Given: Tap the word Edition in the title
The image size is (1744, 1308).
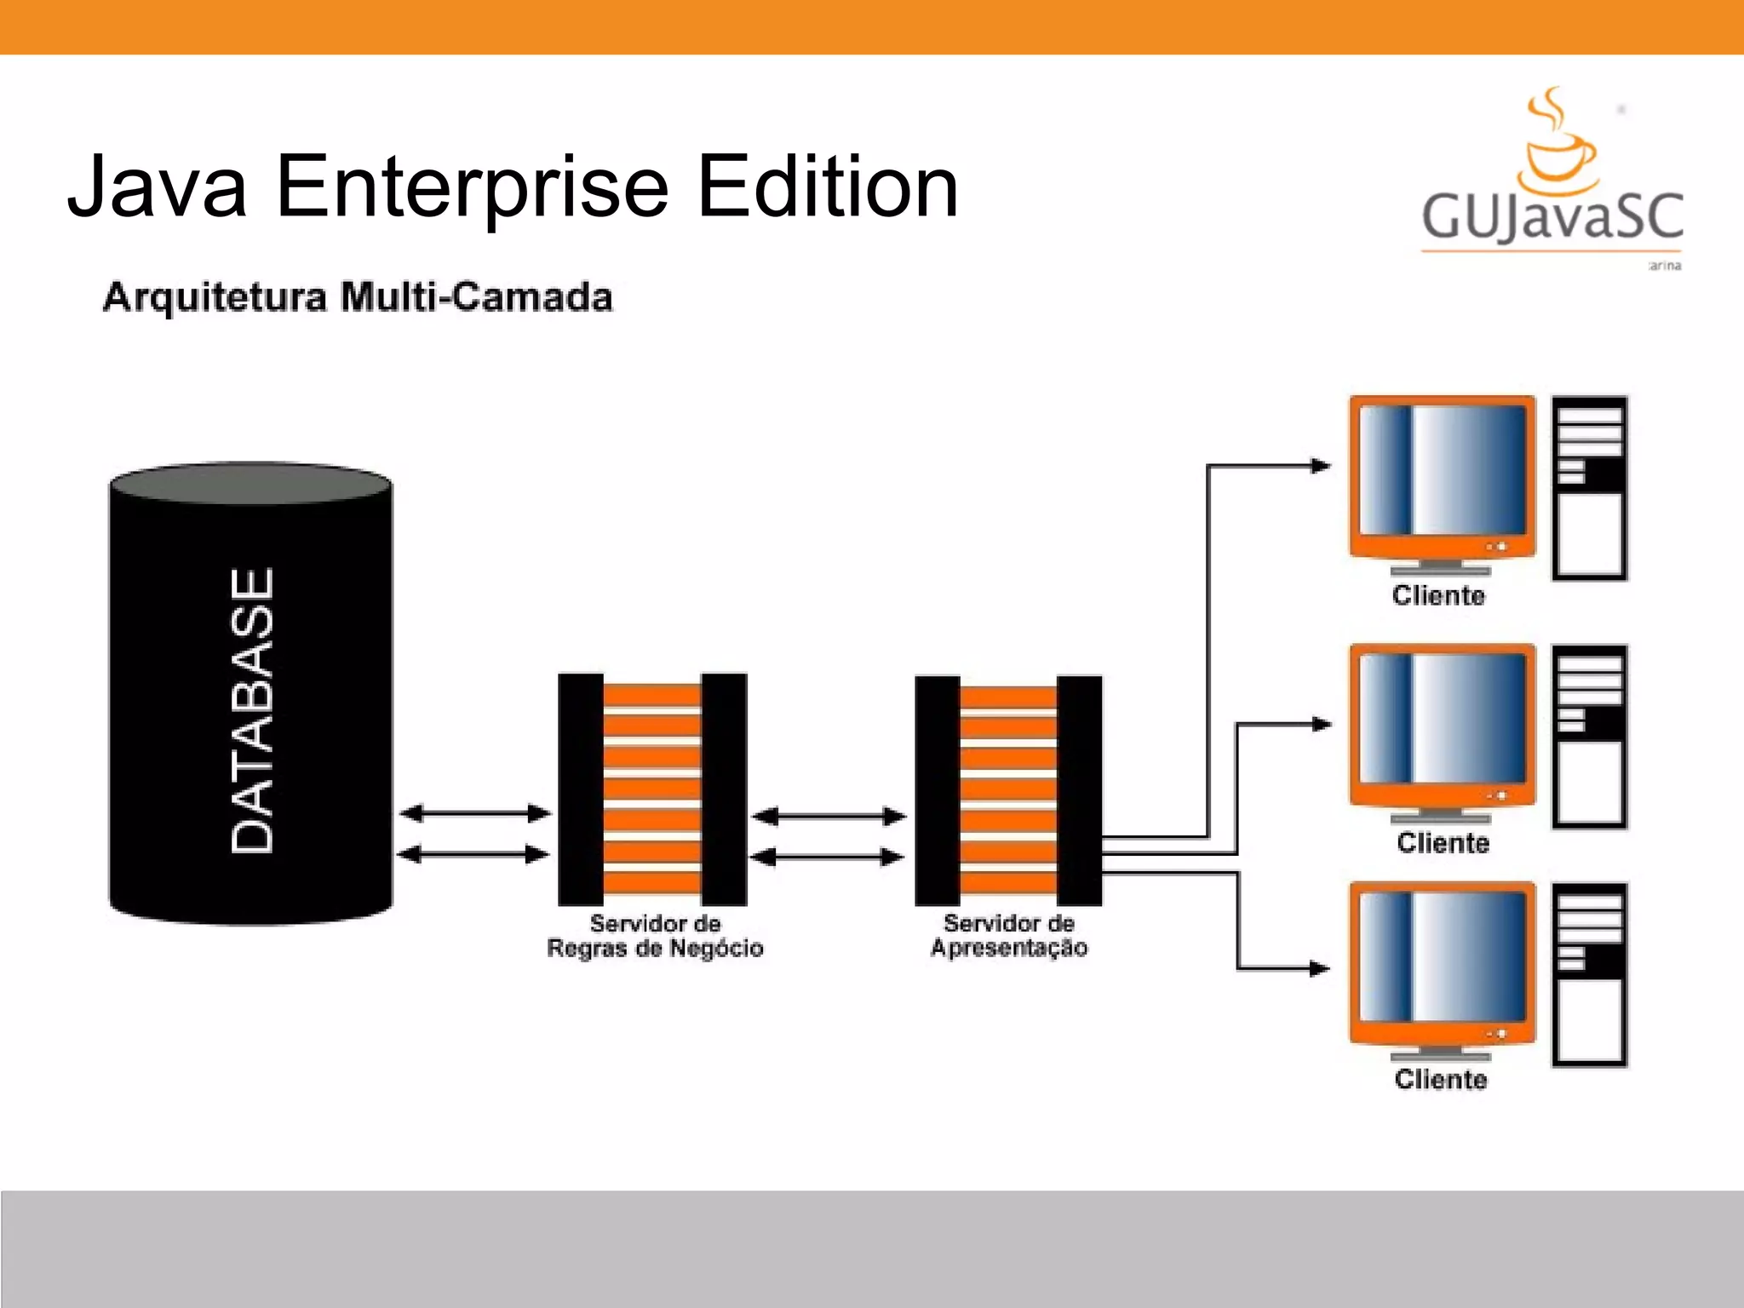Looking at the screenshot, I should (828, 186).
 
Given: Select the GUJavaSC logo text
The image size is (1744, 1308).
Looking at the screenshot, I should (1552, 216).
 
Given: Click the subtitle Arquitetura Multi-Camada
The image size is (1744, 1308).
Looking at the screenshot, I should (358, 297).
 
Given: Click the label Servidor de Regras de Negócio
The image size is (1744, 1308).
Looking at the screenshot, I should (655, 936).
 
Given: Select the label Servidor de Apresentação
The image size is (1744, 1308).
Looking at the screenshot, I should (1008, 935).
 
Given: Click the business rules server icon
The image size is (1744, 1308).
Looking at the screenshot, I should (652, 789).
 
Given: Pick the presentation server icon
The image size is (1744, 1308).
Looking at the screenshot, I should (1008, 790).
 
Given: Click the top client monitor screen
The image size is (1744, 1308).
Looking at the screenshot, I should (1443, 470).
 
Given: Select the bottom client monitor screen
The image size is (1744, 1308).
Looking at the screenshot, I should (1443, 955).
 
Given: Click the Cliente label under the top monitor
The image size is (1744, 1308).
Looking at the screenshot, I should (1438, 595).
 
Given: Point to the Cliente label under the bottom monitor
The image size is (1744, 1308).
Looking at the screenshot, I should (1441, 1079).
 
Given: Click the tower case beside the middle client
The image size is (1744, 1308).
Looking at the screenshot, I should (1589, 737).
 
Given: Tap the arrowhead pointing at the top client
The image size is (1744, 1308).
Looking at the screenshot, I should (1320, 466).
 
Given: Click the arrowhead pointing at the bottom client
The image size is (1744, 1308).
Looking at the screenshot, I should (1319, 968).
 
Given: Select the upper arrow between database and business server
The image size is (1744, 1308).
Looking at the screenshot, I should (474, 813).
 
